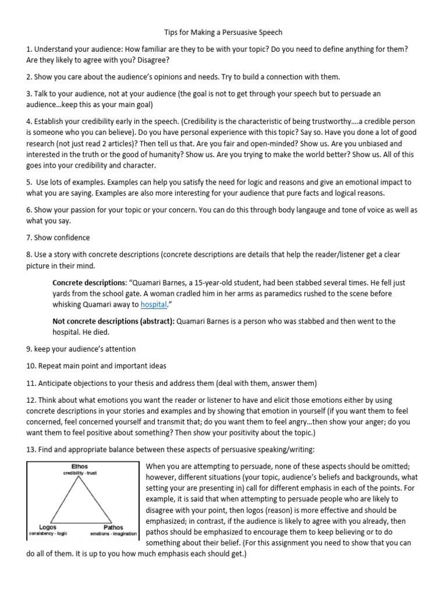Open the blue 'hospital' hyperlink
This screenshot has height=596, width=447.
[154, 304]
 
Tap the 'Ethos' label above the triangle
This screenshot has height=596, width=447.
[80, 467]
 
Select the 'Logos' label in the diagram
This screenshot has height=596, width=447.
[40, 527]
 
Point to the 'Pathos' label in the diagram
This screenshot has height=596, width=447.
[113, 527]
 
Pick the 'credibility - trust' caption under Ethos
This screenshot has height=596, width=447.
[80, 473]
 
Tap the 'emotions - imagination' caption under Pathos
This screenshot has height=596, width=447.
[113, 533]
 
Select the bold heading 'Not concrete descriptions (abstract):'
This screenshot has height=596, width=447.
[113, 321]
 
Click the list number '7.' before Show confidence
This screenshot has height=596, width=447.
[29, 237]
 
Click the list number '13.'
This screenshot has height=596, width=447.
[31, 450]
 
